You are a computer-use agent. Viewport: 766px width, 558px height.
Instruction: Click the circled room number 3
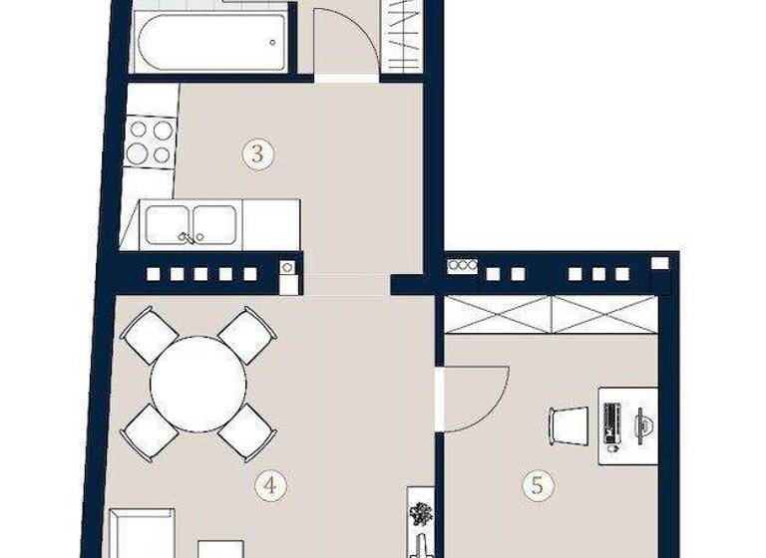258,154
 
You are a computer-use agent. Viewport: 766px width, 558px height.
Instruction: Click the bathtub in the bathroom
211,43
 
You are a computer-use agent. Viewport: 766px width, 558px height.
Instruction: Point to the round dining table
197,383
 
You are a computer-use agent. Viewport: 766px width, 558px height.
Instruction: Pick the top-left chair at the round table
149,335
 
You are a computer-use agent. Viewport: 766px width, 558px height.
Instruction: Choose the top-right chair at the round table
246,335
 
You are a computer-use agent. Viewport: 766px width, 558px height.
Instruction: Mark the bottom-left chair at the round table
149,430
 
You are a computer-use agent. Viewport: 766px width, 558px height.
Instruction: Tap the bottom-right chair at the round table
246,430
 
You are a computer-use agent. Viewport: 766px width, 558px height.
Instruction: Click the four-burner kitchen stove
150,141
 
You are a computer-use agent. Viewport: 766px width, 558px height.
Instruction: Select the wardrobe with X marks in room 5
552,314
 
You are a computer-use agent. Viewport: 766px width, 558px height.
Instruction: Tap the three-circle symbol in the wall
462,265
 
